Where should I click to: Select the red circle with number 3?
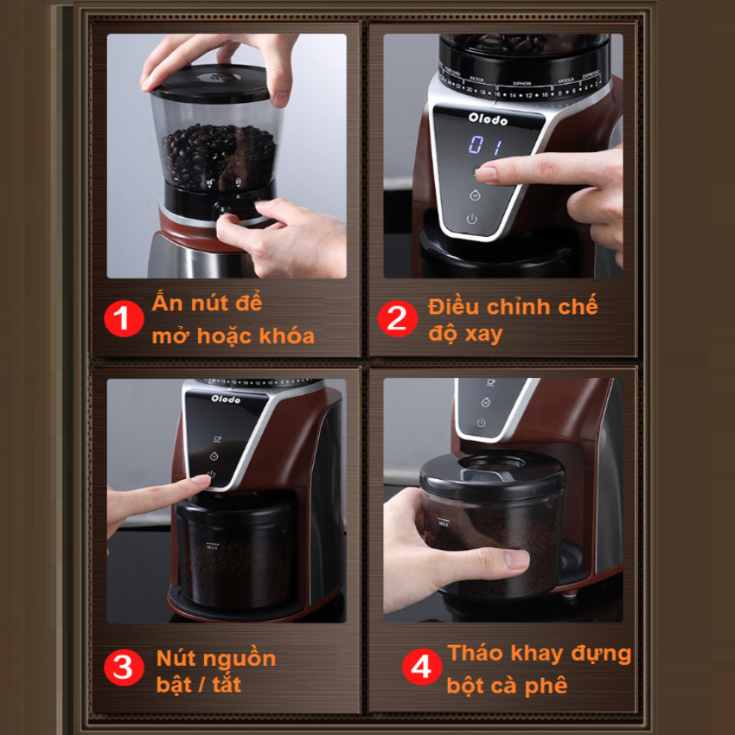[x=124, y=668]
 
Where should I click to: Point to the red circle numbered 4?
[x=422, y=668]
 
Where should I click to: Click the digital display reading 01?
[x=485, y=145]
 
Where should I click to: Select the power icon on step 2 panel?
[x=472, y=220]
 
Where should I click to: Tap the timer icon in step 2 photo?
[x=475, y=195]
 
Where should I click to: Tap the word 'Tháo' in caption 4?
[x=475, y=654]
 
